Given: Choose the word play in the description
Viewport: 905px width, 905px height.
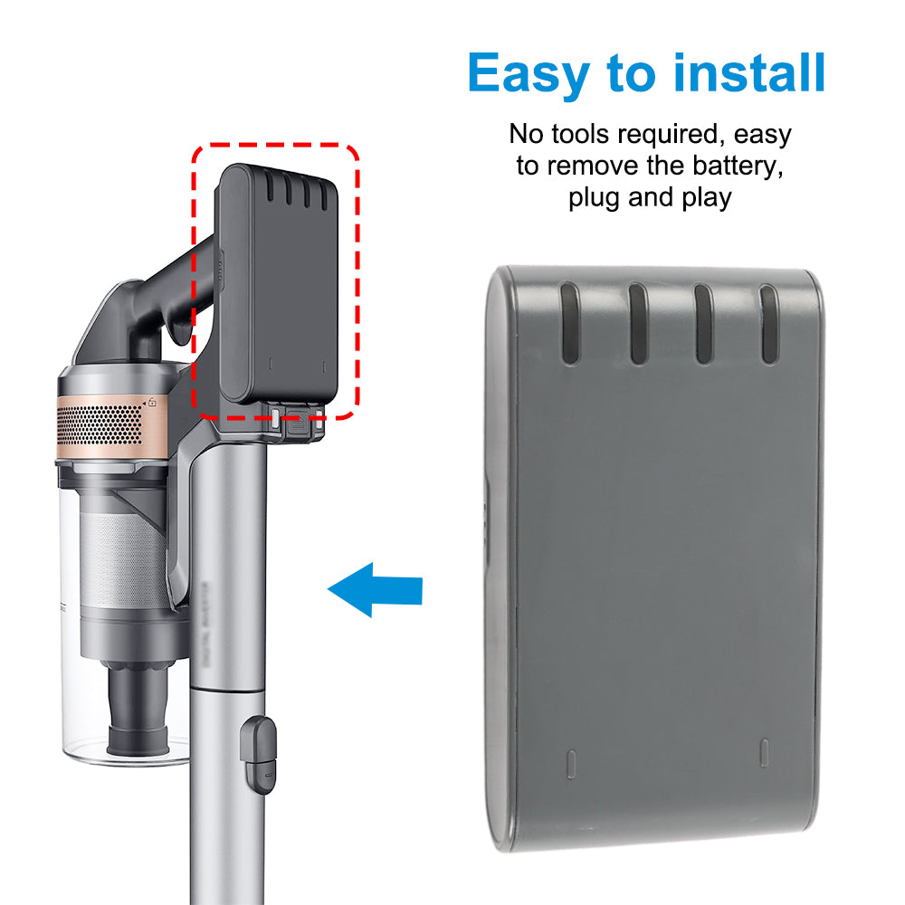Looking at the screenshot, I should (x=703, y=197).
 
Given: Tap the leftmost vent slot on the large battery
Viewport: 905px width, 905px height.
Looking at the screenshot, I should (x=568, y=321).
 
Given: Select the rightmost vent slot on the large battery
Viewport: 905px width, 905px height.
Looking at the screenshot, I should (x=769, y=323).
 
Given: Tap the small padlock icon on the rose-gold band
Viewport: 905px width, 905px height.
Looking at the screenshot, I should (x=152, y=401).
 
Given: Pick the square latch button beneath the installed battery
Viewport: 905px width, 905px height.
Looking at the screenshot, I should (x=275, y=415).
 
